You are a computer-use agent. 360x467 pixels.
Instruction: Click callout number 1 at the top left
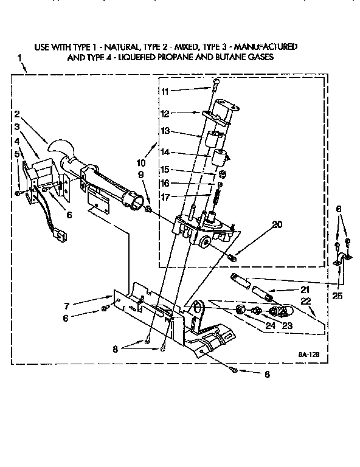tap(21, 58)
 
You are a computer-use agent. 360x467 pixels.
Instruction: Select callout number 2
tap(18, 114)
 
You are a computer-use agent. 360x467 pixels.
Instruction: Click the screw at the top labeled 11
tap(216, 83)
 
